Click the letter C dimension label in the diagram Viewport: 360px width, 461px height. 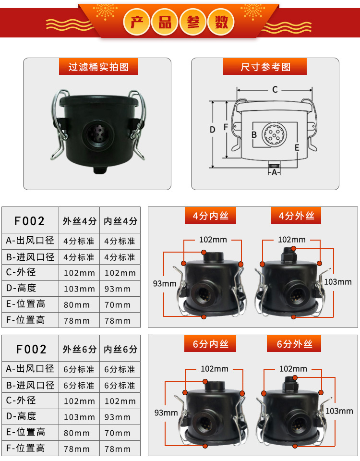[x=275, y=89]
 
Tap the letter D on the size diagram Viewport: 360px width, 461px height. [x=213, y=130]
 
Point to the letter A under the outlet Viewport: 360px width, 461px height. [x=274, y=172]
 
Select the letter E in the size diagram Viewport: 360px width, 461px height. [x=297, y=147]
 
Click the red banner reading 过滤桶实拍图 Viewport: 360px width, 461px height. [x=98, y=67]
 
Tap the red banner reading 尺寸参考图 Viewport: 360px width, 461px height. [x=265, y=67]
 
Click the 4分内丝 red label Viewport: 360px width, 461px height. [x=210, y=216]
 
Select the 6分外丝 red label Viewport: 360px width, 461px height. [x=294, y=344]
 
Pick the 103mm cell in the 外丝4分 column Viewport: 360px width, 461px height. [x=79, y=289]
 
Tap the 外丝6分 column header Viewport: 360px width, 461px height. [x=80, y=349]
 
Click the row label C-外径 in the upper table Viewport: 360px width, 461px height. [x=21, y=272]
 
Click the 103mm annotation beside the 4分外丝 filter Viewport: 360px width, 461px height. [x=337, y=282]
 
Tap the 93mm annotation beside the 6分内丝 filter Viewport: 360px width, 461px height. [x=166, y=412]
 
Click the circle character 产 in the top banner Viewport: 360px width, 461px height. [x=137, y=22]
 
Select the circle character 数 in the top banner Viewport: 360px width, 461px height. [x=221, y=22]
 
